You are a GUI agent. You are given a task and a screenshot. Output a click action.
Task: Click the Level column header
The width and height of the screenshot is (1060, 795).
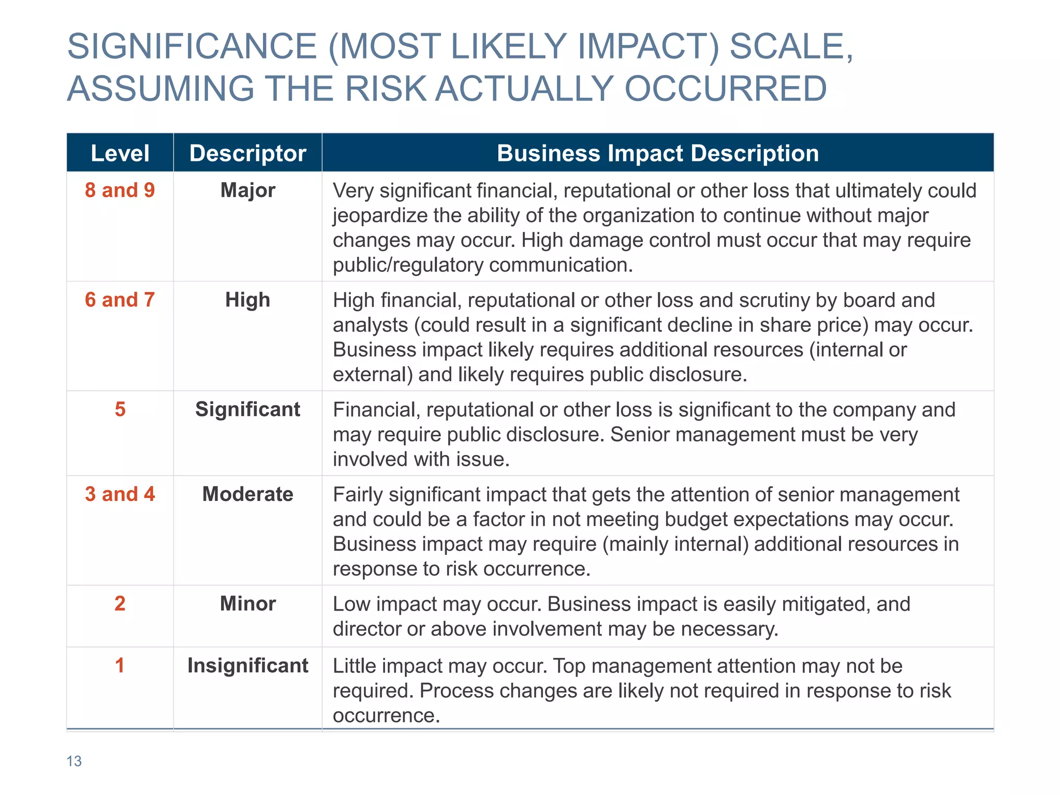coord(120,153)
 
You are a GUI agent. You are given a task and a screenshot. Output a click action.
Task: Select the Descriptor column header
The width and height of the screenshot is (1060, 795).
coord(247,153)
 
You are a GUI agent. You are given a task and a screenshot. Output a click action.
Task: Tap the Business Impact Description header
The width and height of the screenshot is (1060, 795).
coord(657,153)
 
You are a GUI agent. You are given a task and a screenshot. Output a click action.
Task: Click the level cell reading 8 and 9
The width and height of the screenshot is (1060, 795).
coord(120,190)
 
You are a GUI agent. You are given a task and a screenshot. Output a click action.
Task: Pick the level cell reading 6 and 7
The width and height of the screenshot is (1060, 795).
coord(120,300)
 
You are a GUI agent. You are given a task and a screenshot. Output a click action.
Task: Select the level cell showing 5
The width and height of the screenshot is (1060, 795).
coord(120,409)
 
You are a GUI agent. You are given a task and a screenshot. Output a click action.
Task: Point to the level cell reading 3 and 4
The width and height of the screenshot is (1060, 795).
coord(120,494)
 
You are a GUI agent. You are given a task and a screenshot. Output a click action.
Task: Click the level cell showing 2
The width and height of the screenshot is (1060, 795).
coord(120,603)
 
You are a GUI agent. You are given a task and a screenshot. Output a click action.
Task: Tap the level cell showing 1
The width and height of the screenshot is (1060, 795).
coord(120,666)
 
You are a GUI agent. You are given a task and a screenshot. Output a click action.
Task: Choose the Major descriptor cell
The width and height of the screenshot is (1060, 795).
coord(247,190)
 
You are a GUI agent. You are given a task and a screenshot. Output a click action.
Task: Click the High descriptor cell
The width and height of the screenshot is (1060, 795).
coord(247,300)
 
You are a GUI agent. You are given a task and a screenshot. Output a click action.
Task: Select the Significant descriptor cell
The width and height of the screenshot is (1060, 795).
coord(247,409)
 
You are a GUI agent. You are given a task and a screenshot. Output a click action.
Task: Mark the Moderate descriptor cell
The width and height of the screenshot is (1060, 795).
coord(247,494)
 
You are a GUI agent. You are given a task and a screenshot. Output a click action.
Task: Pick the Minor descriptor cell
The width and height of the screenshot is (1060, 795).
coord(247,603)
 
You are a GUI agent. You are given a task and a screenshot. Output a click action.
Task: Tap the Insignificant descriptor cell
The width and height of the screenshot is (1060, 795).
coord(247,666)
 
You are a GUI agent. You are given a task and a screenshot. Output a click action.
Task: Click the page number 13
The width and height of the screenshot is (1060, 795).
coord(74,761)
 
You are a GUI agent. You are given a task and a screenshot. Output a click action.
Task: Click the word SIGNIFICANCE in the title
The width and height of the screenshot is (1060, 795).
coord(192,47)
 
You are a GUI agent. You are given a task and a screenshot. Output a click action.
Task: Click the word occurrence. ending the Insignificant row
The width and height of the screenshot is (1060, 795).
coord(386,716)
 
